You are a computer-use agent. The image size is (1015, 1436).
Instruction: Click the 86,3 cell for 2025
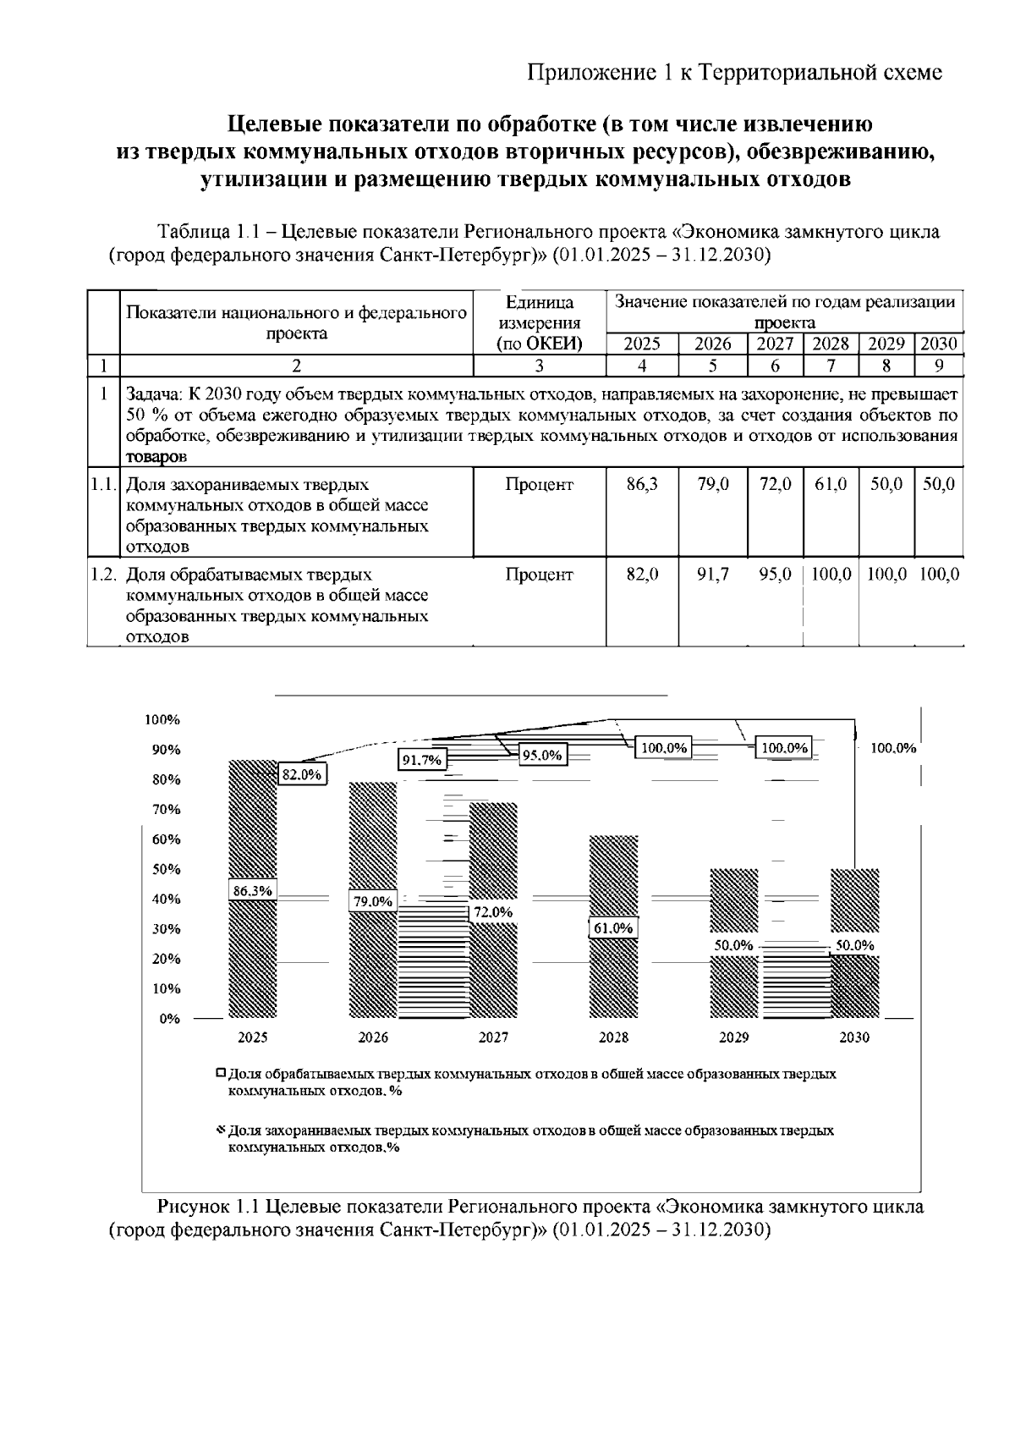[642, 485]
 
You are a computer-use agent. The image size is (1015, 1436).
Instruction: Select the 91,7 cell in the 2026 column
[712, 575]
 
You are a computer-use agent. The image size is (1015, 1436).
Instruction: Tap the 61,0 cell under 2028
[831, 485]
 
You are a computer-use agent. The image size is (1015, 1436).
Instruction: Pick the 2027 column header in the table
[774, 344]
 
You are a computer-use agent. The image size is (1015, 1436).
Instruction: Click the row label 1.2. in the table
[103, 575]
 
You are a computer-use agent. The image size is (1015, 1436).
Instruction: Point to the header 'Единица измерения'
[540, 312]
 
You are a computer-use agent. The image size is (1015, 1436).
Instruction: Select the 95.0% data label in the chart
[542, 756]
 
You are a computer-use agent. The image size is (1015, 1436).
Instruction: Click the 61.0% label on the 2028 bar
[613, 928]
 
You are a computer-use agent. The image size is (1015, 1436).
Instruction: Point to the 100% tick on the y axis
[162, 720]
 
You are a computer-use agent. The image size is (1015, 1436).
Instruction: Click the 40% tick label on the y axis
[166, 900]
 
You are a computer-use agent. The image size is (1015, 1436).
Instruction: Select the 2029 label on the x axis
[733, 1037]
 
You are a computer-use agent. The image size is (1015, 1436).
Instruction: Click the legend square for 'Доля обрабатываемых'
[221, 1073]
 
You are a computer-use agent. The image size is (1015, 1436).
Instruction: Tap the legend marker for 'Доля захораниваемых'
[221, 1130]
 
